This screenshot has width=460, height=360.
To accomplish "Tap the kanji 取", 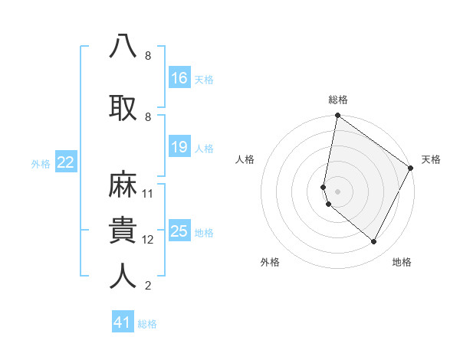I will (123, 106).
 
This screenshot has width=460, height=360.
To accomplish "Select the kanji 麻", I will (123, 185).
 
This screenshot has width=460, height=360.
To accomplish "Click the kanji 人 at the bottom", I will (123, 276).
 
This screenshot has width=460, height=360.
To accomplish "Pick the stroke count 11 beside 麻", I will (148, 194).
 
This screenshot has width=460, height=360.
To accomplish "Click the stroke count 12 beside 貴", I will (148, 240).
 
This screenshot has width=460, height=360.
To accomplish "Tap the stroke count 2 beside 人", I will (148, 286).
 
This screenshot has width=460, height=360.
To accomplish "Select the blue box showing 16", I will (179, 78).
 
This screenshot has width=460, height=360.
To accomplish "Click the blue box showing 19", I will (179, 147).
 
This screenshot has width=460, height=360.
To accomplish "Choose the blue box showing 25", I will (179, 231).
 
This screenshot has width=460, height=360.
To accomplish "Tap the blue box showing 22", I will (66, 162).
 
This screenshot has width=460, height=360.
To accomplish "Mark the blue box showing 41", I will (123, 322).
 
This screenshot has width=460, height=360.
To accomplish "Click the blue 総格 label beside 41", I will (147, 324).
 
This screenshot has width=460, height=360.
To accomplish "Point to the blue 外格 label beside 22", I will (41, 163).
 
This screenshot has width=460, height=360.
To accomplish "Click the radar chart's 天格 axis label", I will (431, 159).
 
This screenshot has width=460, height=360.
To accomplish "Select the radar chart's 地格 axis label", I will (402, 262).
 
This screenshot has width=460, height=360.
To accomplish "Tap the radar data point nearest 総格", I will (337, 116).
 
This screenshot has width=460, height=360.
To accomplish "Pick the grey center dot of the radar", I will (337, 191).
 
